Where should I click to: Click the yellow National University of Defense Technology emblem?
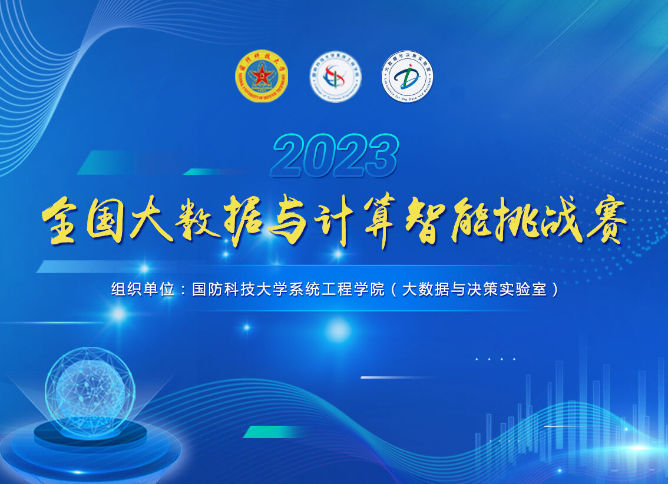[262, 77]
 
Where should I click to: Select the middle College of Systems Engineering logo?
[336, 77]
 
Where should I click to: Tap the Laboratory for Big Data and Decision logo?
[407, 77]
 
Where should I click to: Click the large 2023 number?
[335, 156]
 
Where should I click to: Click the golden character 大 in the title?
[151, 220]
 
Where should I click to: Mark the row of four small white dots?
[495, 359]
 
